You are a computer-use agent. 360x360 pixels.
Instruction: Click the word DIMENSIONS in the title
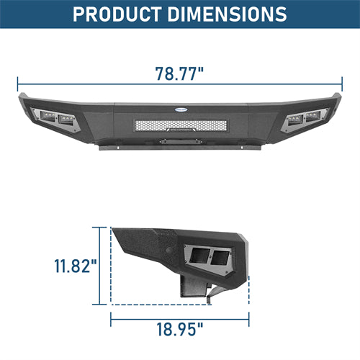pyautogui.click(x=229, y=14)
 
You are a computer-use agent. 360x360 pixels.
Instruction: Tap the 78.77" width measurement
pyautogui.click(x=179, y=74)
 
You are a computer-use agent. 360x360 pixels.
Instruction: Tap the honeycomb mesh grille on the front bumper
pyautogui.click(x=179, y=125)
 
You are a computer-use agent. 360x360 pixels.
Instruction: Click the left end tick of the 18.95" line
pyautogui.click(x=110, y=316)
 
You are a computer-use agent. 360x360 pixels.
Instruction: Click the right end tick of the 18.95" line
pyautogui.click(x=249, y=316)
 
